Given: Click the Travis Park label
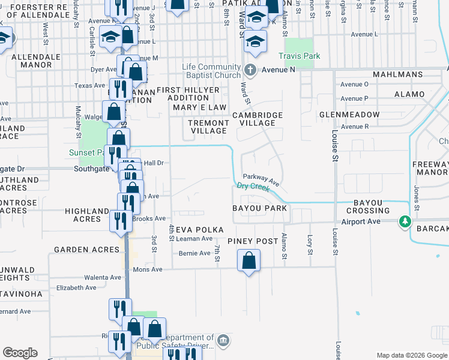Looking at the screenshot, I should click(299, 56).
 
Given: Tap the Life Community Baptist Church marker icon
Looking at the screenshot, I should click(250, 70).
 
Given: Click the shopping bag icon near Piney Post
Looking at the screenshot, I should click(249, 261).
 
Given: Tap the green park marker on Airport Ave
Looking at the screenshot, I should click(406, 222).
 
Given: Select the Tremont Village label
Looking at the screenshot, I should click(208, 127).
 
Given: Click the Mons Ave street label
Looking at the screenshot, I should click(148, 269).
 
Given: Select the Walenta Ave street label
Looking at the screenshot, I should click(102, 278).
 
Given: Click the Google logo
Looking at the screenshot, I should click(20, 353).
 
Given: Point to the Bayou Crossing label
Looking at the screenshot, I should click(372, 207).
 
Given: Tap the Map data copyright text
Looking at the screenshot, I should click(411, 355).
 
